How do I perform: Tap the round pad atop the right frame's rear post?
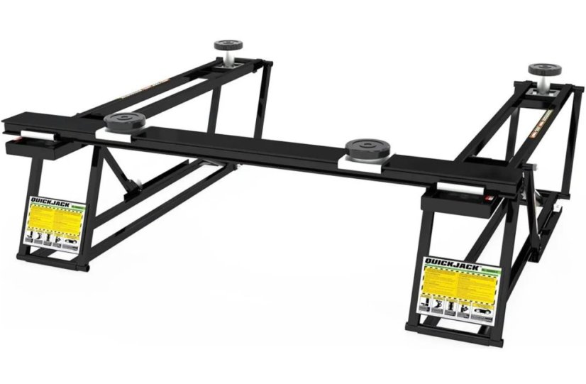542,70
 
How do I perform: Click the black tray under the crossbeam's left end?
35,148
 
